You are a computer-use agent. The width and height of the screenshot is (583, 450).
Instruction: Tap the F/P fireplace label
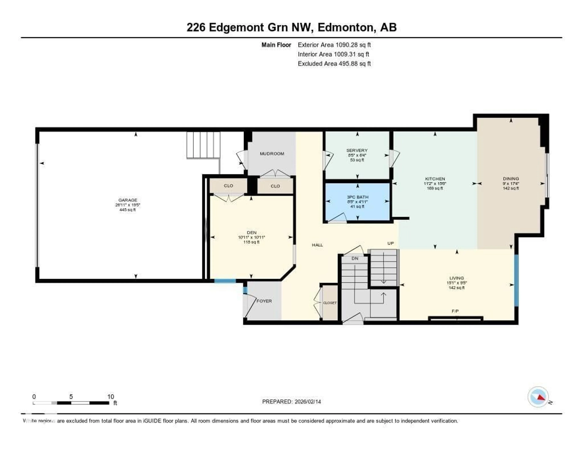455,311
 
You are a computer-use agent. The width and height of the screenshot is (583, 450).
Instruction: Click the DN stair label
355,259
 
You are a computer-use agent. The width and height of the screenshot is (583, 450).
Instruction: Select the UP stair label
390,243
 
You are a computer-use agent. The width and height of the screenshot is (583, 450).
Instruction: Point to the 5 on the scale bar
71,397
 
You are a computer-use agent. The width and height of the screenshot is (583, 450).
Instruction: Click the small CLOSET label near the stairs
330,303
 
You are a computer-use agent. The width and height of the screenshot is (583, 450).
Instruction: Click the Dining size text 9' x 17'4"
511,184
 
